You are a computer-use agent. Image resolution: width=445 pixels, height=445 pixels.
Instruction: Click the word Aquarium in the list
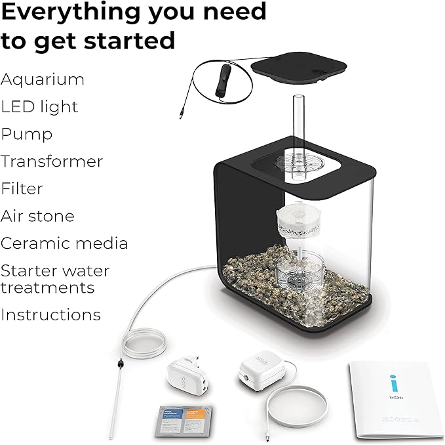(x=43, y=80)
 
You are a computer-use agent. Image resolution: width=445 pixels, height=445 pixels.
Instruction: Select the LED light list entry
(x=39, y=107)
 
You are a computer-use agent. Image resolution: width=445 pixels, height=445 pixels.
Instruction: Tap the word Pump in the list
(x=27, y=135)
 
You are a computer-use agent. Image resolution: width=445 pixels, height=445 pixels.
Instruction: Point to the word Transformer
(x=52, y=161)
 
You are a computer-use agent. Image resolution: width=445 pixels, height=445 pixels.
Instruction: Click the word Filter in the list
(x=22, y=189)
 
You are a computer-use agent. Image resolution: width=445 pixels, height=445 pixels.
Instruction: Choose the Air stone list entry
(x=37, y=216)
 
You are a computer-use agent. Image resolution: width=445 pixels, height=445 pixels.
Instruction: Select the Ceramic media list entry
(x=64, y=244)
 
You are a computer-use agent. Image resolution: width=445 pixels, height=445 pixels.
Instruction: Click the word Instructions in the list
(x=50, y=314)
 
